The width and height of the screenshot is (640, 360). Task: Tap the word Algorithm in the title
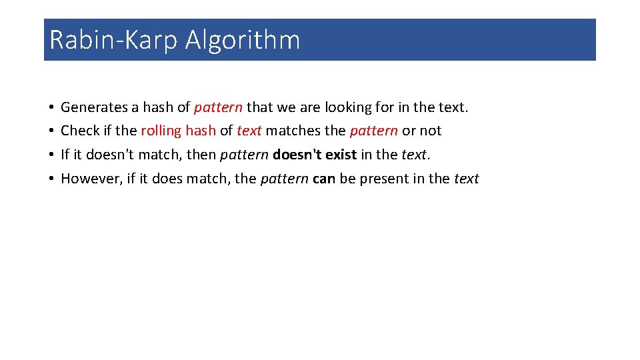pos(243,40)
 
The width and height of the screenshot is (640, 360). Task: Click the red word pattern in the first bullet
pos(218,107)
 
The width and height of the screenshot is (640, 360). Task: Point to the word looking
pos(348,107)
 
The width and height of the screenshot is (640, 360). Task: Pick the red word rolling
pos(161,131)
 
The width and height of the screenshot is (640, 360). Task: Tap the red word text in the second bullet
pos(249,131)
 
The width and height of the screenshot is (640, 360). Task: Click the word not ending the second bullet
pos(431,131)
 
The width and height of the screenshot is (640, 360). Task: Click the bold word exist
pos(341,155)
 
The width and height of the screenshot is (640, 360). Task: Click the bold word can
pos(323,179)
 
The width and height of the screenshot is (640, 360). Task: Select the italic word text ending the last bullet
pos(466,179)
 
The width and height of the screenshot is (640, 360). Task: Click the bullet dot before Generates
pos(51,108)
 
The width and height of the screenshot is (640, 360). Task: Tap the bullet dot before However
pos(51,179)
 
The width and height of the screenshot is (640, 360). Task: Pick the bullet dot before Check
pos(51,131)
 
